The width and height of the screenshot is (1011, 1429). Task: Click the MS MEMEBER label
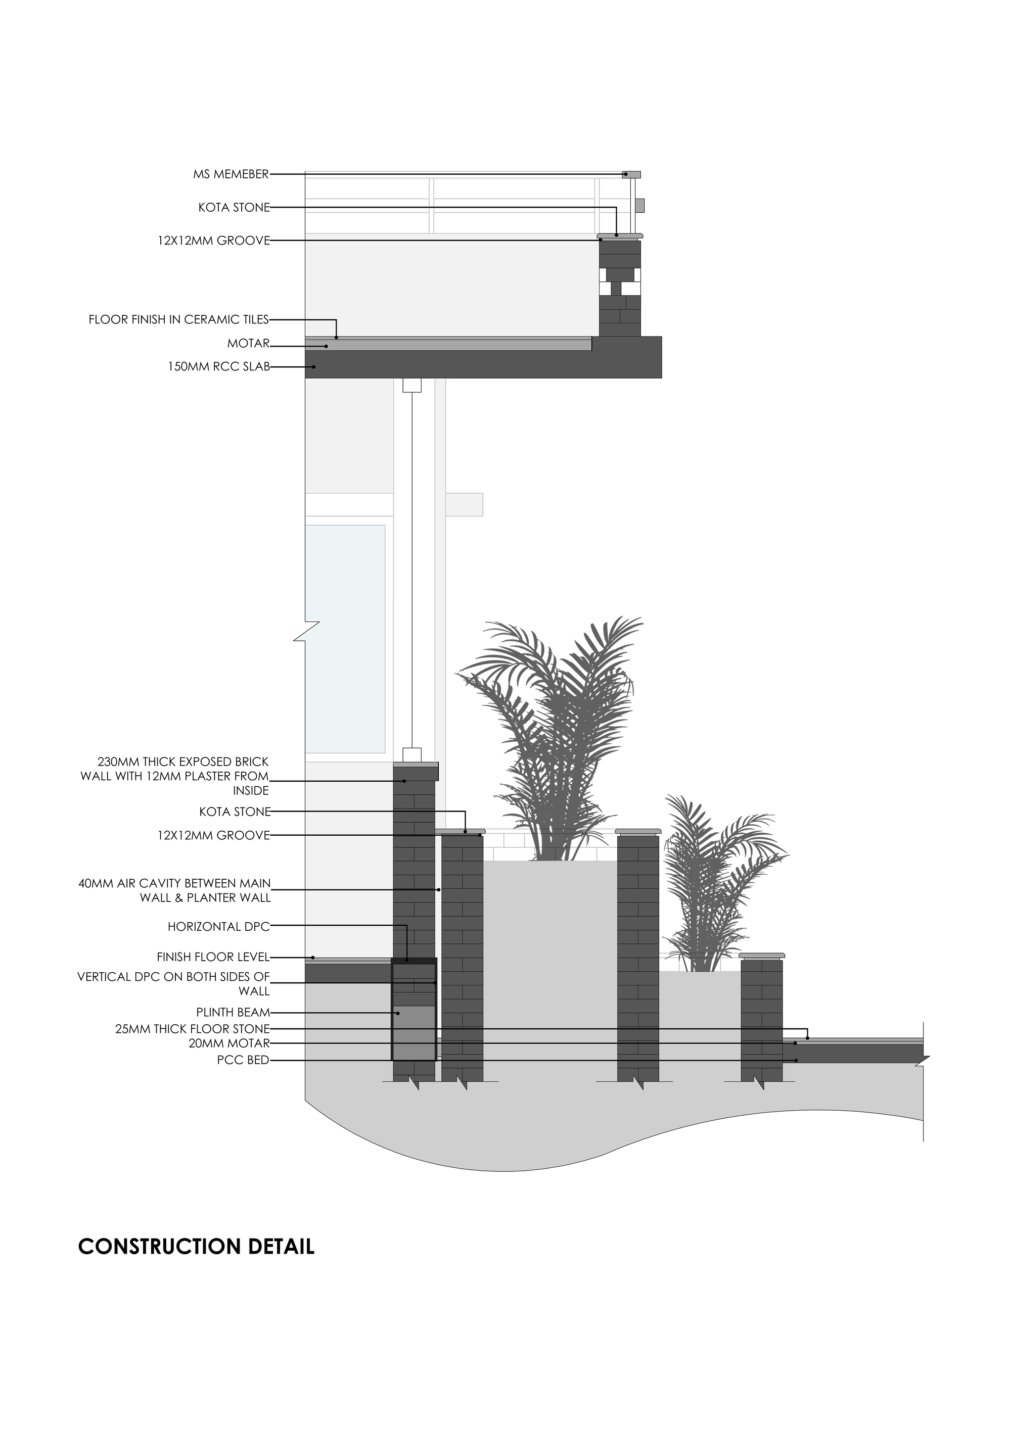(231, 175)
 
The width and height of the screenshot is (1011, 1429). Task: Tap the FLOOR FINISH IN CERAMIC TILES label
(178, 320)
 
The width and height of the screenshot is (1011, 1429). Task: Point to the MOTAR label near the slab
(248, 344)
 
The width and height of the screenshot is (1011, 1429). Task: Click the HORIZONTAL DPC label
(218, 927)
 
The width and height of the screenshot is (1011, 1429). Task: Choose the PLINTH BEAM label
(233, 1013)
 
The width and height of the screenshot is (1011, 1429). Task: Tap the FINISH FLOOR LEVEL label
(213, 957)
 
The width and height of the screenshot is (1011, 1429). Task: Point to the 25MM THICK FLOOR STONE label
(193, 1029)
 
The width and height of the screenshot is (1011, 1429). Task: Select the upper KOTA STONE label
(234, 208)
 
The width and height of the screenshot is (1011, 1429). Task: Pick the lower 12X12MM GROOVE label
(213, 835)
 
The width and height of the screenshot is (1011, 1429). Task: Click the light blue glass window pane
(345, 638)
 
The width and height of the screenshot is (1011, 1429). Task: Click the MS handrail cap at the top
(631, 175)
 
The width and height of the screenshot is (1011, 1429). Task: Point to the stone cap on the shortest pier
(761, 956)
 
